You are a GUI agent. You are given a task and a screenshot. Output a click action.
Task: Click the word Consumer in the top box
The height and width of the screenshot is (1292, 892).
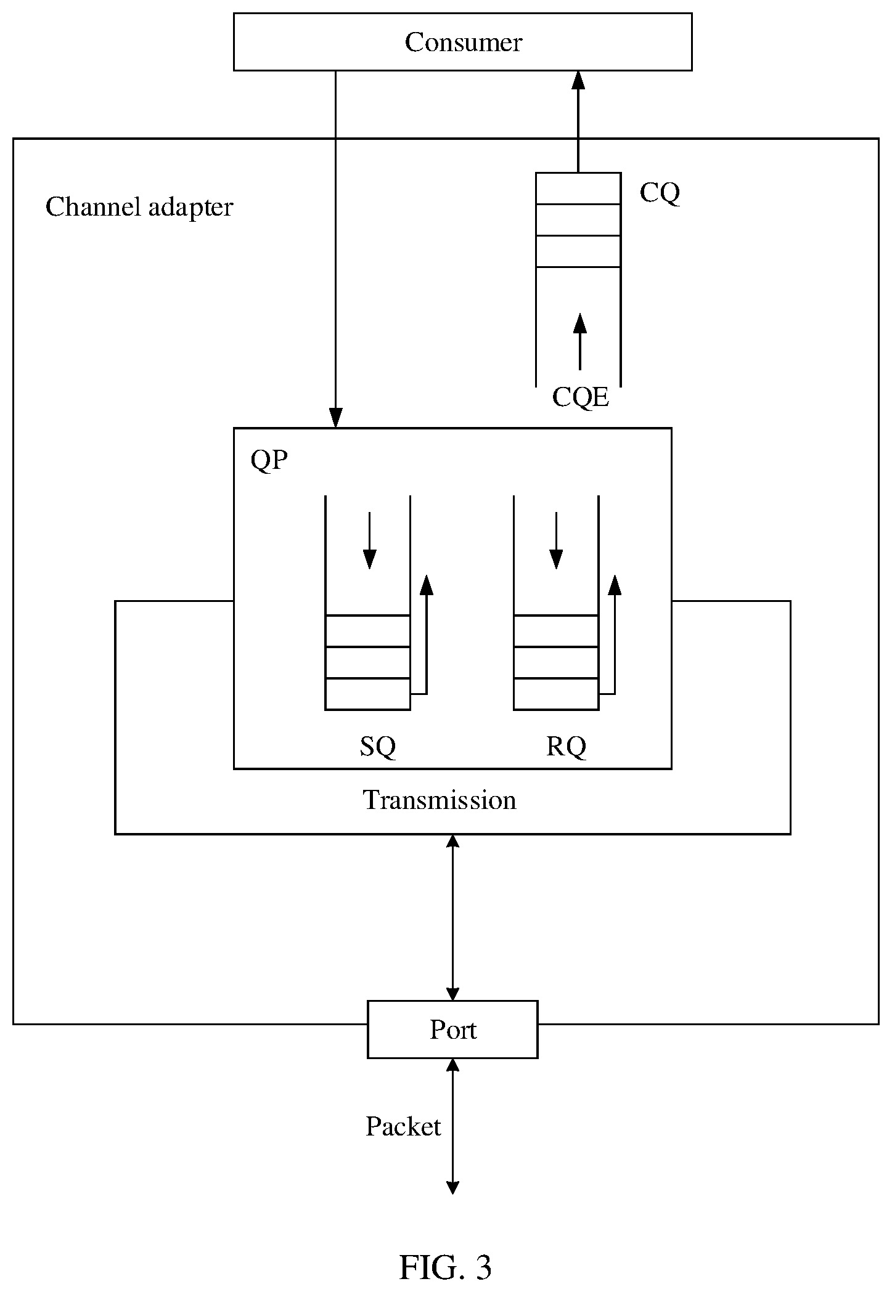pos(463,43)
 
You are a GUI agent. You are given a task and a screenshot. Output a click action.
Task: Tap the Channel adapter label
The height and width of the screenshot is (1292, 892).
pos(139,207)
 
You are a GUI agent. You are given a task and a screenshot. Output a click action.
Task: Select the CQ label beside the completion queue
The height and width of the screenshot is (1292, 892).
pos(660,193)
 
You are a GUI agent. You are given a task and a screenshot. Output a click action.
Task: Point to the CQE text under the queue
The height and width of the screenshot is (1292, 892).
pos(581,397)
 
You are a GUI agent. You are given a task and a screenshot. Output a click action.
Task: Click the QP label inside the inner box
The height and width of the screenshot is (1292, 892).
pos(269,460)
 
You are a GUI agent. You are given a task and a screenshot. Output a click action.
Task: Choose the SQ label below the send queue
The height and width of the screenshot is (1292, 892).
pos(377,747)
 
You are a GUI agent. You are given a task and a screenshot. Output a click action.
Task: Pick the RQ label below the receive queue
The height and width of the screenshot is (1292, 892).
pos(566,747)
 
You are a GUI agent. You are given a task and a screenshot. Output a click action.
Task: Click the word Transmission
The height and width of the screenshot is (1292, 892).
pos(440,800)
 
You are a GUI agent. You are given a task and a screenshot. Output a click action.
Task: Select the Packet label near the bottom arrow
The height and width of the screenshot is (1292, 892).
pos(403,1126)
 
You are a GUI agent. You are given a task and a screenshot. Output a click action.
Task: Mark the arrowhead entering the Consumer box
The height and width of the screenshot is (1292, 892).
pos(578,81)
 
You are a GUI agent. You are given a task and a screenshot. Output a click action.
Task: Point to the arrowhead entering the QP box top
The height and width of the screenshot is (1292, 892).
pos(335,418)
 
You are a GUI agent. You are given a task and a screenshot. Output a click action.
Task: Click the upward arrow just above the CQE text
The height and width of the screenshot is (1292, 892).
pos(579,342)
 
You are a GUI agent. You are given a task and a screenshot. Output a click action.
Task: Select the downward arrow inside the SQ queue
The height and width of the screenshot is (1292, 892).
pos(369,540)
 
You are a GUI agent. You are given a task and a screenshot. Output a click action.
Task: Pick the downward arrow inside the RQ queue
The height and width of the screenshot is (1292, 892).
pos(556,540)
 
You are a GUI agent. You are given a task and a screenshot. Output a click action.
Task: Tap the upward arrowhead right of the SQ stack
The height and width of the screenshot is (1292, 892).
pos(426,585)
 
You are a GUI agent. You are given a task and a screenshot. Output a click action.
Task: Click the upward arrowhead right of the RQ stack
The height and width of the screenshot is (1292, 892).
pos(614,585)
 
